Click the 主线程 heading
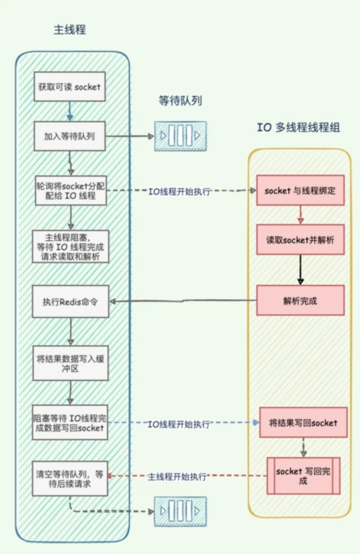69,30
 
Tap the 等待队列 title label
180,101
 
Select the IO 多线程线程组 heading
298,127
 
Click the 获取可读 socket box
69,87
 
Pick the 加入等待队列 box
69,136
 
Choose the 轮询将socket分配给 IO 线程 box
71,191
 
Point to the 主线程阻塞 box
70,247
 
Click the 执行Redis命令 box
70,302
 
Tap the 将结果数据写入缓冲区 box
70,363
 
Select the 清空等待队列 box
69,479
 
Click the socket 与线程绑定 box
300,191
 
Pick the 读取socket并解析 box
300,240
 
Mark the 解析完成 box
300,301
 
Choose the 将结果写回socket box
303,423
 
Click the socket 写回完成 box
303,476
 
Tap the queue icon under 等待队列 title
180,136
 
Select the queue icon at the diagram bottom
180,511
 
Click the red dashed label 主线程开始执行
177,477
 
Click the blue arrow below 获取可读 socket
70,111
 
